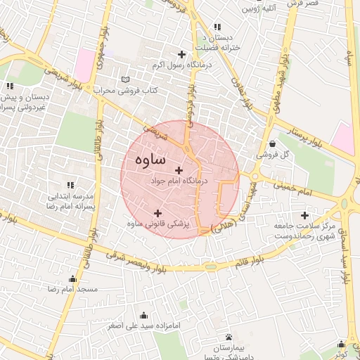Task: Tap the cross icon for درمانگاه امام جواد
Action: tap(179, 170)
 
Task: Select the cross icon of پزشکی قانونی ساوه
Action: tap(157, 213)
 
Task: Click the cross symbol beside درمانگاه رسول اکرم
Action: tap(182, 54)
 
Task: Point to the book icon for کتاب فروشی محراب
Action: tap(126, 79)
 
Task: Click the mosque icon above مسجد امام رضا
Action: tap(72, 278)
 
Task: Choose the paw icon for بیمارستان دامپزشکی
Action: tap(229, 337)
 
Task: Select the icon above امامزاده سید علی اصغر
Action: tap(144, 315)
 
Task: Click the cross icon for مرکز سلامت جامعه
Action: tap(304, 215)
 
